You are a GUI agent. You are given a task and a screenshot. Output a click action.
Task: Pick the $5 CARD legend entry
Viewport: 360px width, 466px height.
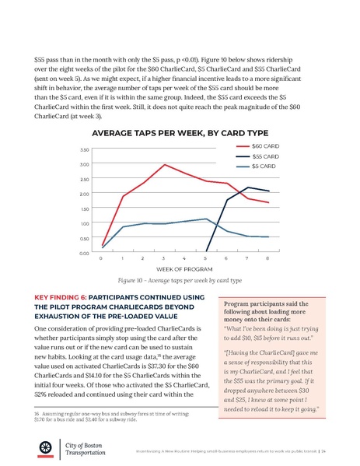[x=259, y=166]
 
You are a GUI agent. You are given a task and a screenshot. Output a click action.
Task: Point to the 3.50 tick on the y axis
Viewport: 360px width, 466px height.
[x=84, y=149]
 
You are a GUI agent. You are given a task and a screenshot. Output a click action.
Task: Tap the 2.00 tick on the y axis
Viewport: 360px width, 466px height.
[x=84, y=194]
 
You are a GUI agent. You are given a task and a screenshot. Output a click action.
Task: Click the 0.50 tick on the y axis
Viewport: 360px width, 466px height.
[x=84, y=238]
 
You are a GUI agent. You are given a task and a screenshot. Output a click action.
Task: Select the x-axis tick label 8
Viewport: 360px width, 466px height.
[x=267, y=258]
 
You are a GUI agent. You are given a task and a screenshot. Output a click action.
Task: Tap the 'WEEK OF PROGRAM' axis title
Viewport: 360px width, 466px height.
[x=184, y=269]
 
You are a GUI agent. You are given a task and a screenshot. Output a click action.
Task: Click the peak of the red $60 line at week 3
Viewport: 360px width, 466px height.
[x=164, y=165]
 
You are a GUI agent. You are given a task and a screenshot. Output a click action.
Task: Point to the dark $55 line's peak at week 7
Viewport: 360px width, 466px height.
[x=247, y=187]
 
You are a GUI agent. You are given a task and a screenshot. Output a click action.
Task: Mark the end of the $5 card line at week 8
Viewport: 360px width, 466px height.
[x=267, y=237]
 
